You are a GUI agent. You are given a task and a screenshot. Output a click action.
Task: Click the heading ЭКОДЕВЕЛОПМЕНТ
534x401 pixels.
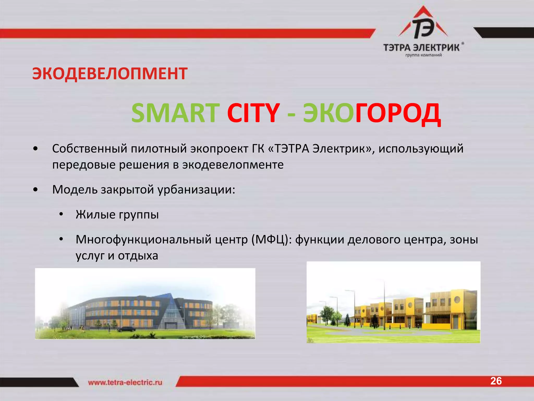click(x=110, y=73)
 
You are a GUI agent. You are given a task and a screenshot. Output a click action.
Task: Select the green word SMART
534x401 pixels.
click(x=175, y=113)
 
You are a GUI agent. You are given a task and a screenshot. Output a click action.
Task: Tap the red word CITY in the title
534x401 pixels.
click(x=253, y=113)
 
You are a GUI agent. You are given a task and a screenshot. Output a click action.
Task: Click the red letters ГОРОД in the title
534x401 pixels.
click(x=398, y=114)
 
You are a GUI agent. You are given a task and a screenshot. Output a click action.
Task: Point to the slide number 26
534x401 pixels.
click(x=496, y=381)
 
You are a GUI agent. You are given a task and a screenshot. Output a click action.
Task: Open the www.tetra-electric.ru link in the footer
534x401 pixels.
click(x=125, y=382)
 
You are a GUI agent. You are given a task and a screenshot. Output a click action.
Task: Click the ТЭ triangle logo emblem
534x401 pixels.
click(x=423, y=26)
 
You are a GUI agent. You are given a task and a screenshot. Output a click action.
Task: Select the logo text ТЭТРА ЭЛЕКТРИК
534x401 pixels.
click(x=421, y=48)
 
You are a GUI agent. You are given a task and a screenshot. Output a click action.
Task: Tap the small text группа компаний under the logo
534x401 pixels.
click(x=423, y=55)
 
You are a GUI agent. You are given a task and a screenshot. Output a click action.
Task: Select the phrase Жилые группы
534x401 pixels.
click(x=117, y=215)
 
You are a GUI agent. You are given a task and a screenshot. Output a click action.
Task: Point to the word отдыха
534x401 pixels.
click(x=138, y=256)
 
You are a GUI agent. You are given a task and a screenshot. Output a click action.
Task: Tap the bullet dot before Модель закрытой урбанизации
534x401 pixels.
click(x=36, y=190)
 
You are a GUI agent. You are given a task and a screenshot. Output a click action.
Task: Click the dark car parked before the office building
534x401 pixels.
click(x=126, y=329)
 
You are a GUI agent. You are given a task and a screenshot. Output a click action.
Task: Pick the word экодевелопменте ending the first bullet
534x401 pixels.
click(x=233, y=165)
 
